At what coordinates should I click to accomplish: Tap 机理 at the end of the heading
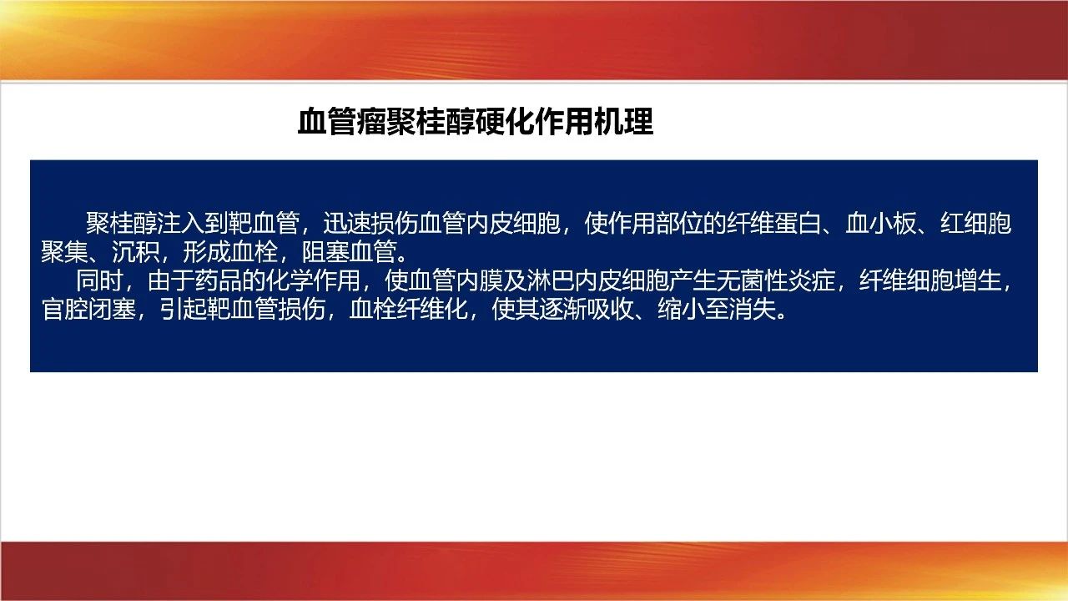(623, 122)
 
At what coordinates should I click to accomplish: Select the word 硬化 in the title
(505, 122)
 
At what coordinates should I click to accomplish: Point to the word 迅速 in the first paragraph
(347, 223)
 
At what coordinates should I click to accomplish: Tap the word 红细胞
(975, 223)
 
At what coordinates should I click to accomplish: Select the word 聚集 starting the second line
(65, 252)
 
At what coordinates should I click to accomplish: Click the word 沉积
(136, 252)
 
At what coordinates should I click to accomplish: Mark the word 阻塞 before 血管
(325, 252)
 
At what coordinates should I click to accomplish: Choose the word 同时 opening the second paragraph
(99, 280)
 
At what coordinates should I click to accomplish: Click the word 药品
(218, 280)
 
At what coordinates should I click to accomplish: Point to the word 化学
(289, 280)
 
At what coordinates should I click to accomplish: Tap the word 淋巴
(550, 280)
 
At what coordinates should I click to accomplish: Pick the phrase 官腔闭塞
(88, 309)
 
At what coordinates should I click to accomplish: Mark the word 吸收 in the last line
(610, 309)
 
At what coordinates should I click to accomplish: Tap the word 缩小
(681, 309)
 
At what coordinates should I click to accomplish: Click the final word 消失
(752, 309)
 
